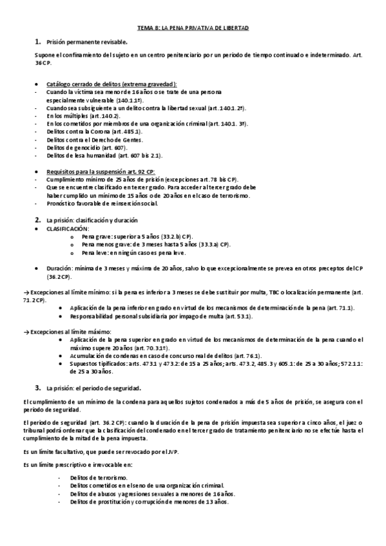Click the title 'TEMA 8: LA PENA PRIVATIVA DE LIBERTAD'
click(x=193, y=29)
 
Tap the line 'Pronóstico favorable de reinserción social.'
click(x=101, y=203)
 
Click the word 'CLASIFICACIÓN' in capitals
click(x=68, y=229)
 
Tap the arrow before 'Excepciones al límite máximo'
click(x=25, y=330)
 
